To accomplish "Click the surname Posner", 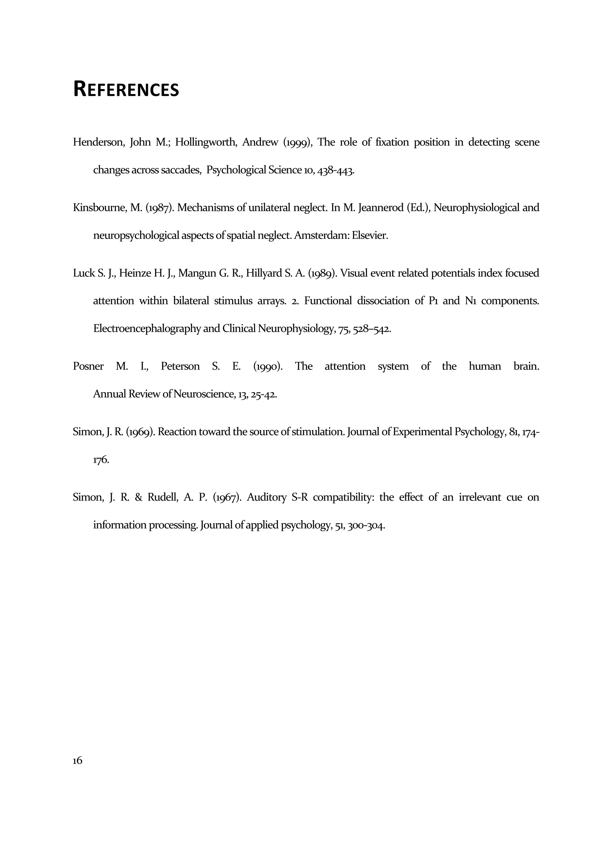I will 88,366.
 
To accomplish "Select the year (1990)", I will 268,366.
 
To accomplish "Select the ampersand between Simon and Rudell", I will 138,497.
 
